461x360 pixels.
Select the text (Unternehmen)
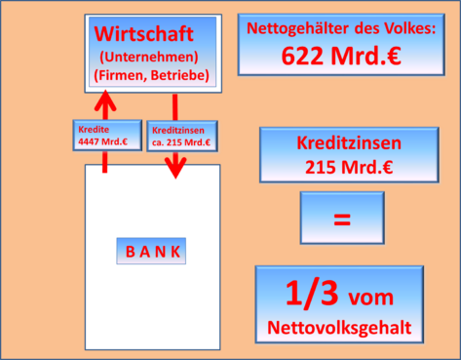(x=149, y=56)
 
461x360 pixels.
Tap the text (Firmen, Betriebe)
(x=149, y=73)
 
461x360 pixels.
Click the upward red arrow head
(x=104, y=100)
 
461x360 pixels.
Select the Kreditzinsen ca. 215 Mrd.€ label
(x=181, y=136)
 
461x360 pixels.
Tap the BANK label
(x=153, y=251)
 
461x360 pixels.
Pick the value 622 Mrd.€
(x=342, y=56)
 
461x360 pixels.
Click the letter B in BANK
(x=130, y=251)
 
